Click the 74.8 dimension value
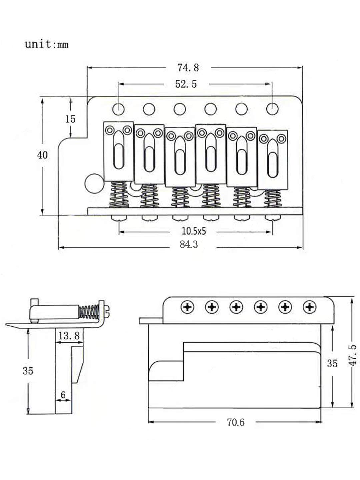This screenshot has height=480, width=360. (x=188, y=68)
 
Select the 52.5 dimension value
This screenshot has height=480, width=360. (x=186, y=84)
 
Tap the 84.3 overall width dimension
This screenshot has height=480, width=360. (x=189, y=244)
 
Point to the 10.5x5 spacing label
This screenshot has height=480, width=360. (x=194, y=231)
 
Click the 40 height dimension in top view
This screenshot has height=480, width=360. (x=42, y=155)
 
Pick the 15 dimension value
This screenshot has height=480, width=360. (x=70, y=119)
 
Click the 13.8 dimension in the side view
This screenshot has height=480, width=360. (x=69, y=336)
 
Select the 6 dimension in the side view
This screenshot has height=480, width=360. (x=63, y=395)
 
